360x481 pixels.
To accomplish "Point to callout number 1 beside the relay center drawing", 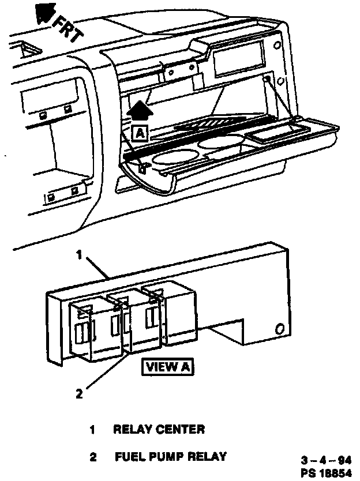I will [81, 254].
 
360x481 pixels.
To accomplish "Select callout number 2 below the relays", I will [80, 394].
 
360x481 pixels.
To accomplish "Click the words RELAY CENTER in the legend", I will [159, 430].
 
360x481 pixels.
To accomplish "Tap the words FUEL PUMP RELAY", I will [170, 457].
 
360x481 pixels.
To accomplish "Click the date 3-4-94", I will [326, 461].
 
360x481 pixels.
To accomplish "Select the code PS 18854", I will [326, 471].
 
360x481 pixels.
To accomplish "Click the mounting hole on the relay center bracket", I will [280, 329].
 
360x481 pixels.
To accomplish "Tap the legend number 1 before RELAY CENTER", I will [92, 430].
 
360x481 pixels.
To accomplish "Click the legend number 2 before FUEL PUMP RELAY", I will [92, 457].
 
